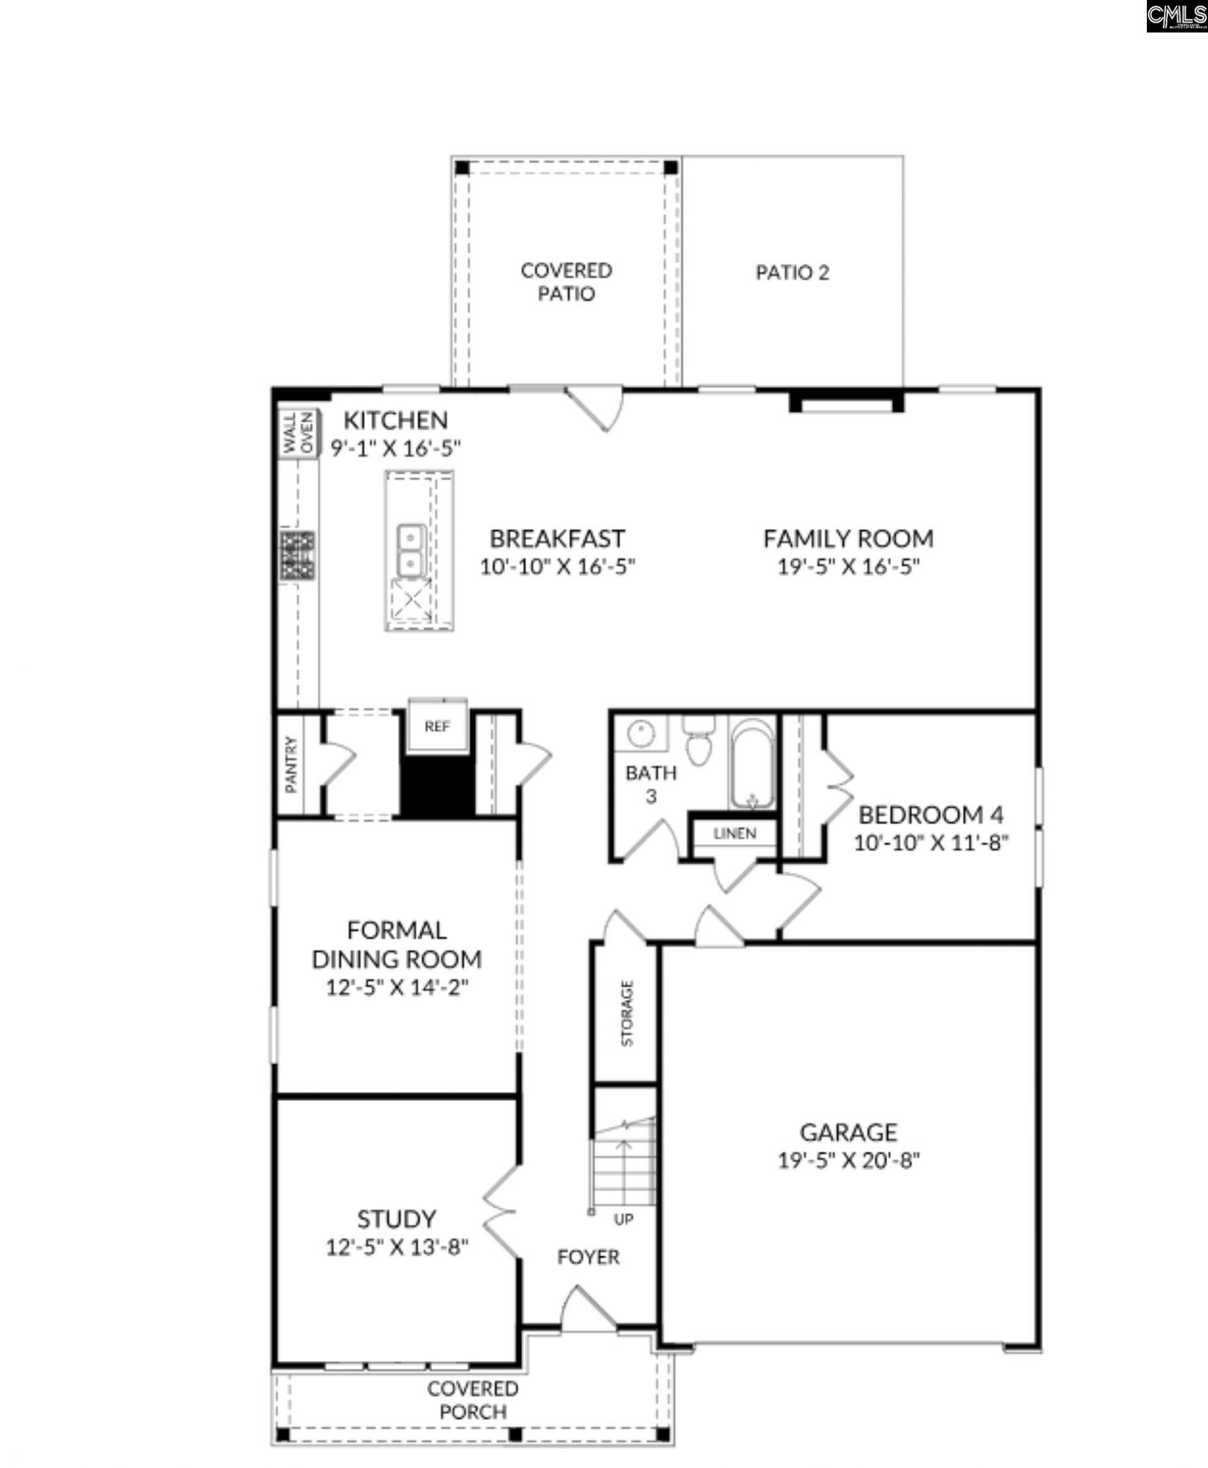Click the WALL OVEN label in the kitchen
tap(298, 433)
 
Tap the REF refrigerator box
tap(438, 725)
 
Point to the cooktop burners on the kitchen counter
tap(298, 555)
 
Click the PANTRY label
tap(291, 764)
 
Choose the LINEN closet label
tap(735, 833)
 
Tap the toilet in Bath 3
tap(698, 740)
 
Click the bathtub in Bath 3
tap(751, 764)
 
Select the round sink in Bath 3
tap(640, 732)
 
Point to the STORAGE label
tap(627, 1013)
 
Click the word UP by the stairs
tap(624, 1219)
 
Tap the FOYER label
tap(588, 1256)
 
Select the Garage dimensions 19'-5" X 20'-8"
tap(849, 1160)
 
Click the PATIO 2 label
tap(793, 272)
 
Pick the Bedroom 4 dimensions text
tap(931, 842)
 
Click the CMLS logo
tap(1177, 16)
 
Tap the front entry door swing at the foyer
tap(588, 1309)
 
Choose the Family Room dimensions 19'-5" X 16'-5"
tap(849, 567)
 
